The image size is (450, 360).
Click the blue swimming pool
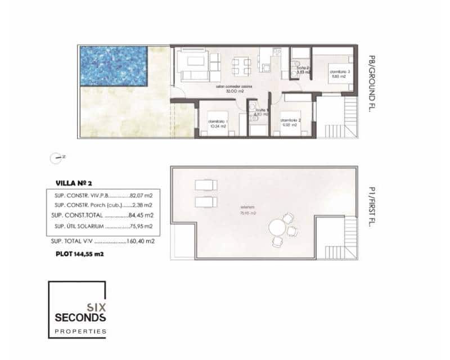113,66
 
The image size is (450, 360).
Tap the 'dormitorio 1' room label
217,124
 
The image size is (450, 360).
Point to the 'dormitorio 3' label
339,73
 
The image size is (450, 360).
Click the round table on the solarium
277,229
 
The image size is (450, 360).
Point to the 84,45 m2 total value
142,215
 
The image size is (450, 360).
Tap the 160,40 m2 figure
141,241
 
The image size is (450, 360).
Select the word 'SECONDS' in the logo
79,318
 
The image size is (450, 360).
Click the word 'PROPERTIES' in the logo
79,332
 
